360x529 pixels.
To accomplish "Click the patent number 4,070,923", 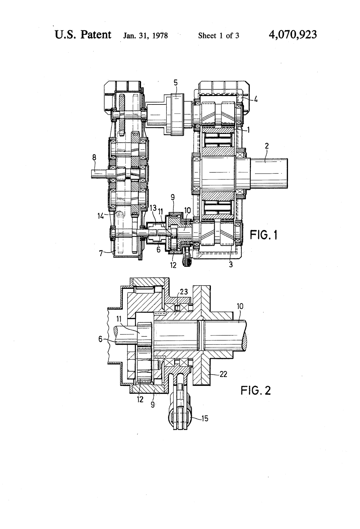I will (293, 35).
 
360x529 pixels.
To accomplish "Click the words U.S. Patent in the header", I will (83, 35).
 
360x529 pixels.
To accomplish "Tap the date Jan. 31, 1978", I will (146, 36).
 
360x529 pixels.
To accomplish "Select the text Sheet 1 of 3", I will (219, 36).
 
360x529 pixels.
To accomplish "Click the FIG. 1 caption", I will (263, 235).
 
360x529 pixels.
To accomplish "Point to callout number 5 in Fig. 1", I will (176, 83).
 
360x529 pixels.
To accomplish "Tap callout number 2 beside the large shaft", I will (267, 146).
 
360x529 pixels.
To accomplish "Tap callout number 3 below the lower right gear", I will (231, 264).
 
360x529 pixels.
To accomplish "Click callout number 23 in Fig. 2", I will (184, 292).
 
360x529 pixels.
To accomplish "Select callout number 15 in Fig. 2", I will (205, 419).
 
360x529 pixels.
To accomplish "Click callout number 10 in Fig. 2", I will (240, 306).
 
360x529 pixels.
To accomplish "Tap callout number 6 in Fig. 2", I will (100, 340).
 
